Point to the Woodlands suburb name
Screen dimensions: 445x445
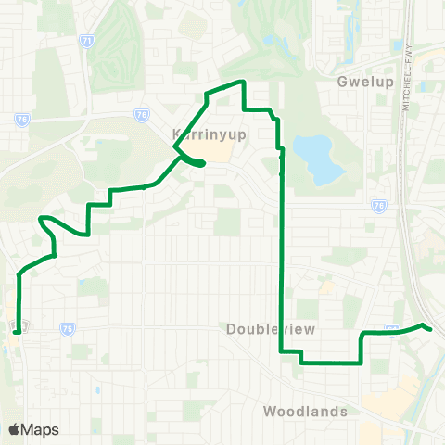point(305,411)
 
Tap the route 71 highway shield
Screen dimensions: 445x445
point(86,42)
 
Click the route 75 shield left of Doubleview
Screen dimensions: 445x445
point(67,328)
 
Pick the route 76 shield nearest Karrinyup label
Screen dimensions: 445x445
point(141,115)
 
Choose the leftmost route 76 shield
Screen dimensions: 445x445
point(22,120)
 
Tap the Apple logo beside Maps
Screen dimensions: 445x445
point(14,429)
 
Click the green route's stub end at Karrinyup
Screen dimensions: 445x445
point(201,165)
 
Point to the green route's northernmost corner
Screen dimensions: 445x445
point(243,83)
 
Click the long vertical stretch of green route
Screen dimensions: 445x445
point(281,260)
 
